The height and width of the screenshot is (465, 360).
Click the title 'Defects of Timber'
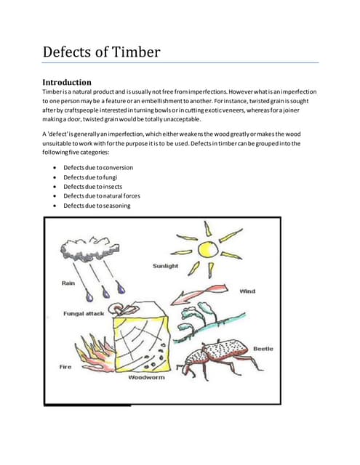pos(101,52)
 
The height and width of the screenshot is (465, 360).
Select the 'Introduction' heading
pos(67,82)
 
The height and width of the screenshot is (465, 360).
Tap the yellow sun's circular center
pos(209,249)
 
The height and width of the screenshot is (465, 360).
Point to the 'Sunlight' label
pos(167,266)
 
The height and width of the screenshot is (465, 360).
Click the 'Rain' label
pos(71,283)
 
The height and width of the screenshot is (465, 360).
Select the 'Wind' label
pos(247,291)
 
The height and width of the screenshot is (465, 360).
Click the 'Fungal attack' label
pos(85,315)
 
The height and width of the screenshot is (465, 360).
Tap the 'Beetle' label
pos(263,349)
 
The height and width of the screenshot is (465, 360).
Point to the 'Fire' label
pos(65,367)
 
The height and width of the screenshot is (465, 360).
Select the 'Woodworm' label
pos(147,379)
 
